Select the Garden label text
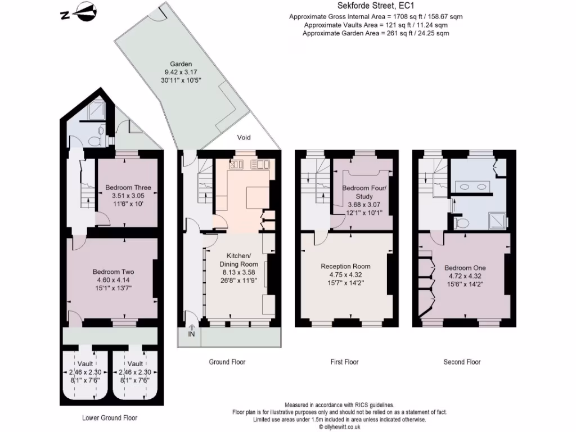[182, 64]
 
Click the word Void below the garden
[244, 138]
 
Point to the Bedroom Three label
[128, 187]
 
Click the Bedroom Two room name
[113, 272]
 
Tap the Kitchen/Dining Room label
[238, 259]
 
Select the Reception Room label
[345, 266]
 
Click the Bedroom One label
[465, 268]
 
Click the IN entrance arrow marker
[191, 331]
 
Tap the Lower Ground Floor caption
[110, 418]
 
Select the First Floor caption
[344, 362]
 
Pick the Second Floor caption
[462, 362]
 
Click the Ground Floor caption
[227, 362]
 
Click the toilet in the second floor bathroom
[462, 223]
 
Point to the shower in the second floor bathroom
[497, 220]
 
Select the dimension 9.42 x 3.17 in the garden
[182, 73]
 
